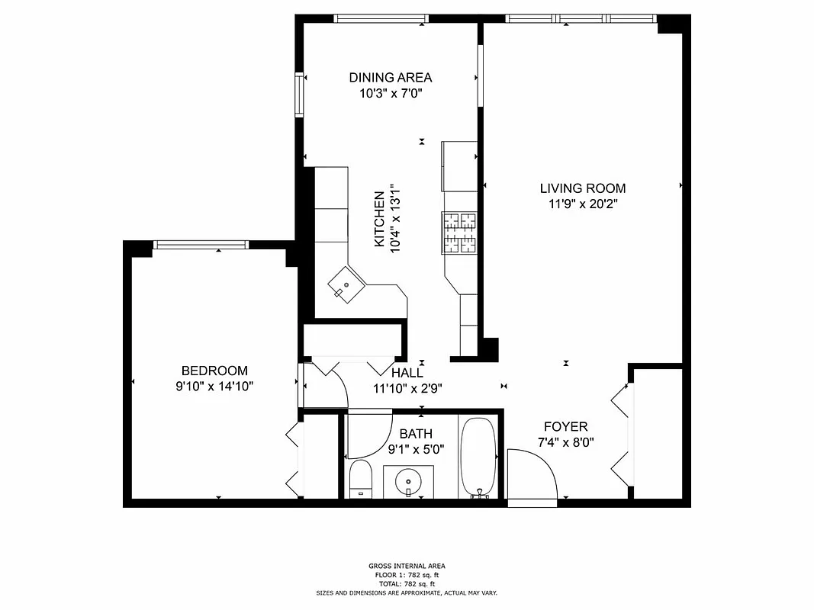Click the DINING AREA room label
click(390, 77)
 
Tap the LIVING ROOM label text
click(582, 188)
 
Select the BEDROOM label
click(214, 371)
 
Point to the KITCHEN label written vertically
click(379, 218)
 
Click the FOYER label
click(565, 426)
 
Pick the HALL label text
click(407, 373)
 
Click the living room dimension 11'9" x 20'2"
click(582, 204)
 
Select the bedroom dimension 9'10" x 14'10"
click(214, 387)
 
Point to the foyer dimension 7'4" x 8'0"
click(565, 441)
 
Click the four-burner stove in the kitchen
click(458, 233)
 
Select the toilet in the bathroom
click(359, 479)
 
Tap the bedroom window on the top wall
click(201, 244)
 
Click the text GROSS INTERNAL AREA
click(407, 566)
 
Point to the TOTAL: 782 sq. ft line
click(407, 583)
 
